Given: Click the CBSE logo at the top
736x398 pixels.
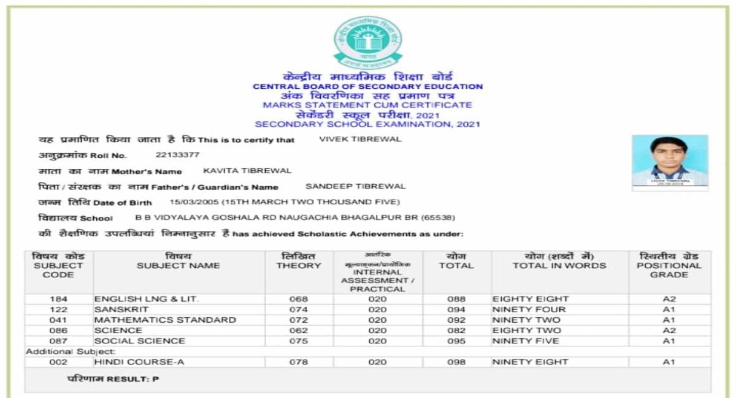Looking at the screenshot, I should pyautogui.click(x=368, y=41).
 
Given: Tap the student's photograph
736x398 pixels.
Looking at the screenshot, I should pyautogui.click(x=670, y=160).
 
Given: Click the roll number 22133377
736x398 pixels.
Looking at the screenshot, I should pyautogui.click(x=177, y=155).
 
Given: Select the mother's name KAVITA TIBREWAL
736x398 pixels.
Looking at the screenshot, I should pyautogui.click(x=247, y=171).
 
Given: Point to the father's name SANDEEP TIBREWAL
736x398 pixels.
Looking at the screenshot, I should pyautogui.click(x=356, y=186).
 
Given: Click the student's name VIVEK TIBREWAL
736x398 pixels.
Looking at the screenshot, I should pyautogui.click(x=360, y=139).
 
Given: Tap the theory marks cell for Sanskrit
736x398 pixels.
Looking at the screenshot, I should pyautogui.click(x=299, y=310).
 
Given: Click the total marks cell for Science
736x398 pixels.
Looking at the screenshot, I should pyautogui.click(x=456, y=331).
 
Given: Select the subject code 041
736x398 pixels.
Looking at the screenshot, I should pyautogui.click(x=58, y=320).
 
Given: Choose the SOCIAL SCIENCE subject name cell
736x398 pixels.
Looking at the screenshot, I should pyautogui.click(x=139, y=341).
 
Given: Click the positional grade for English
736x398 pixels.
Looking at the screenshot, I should pyautogui.click(x=669, y=299).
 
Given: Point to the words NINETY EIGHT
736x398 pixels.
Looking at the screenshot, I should pyautogui.click(x=531, y=362).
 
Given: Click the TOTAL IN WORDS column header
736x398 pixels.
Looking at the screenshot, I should pyautogui.click(x=559, y=266).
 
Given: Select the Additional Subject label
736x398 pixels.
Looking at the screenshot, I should pyautogui.click(x=70, y=351).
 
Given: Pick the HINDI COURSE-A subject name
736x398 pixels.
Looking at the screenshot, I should pyautogui.click(x=139, y=362).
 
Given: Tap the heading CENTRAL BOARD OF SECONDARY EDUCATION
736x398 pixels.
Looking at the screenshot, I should pyautogui.click(x=368, y=87).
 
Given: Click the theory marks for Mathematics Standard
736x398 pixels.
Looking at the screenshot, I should pyautogui.click(x=299, y=320).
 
